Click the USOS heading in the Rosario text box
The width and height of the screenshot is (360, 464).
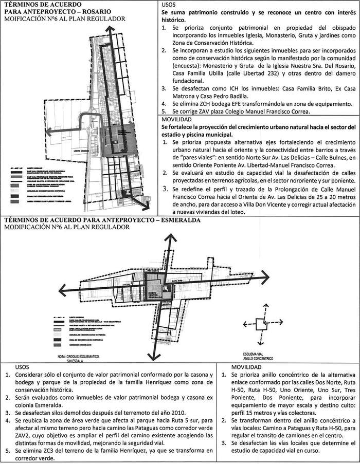coord(170,4)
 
